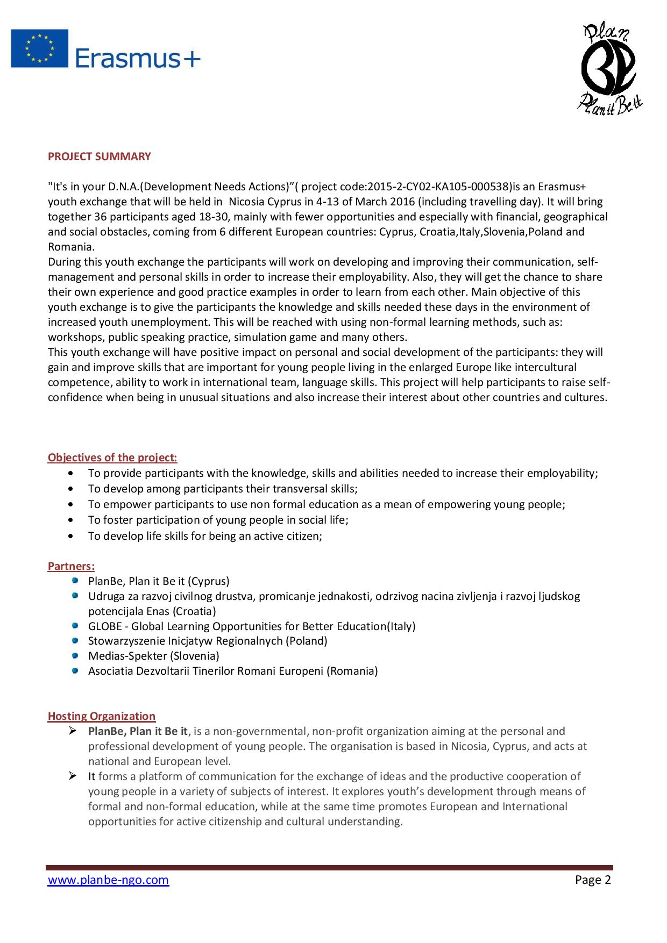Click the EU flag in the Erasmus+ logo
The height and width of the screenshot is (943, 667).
click(39, 48)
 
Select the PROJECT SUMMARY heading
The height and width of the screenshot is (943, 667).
click(100, 156)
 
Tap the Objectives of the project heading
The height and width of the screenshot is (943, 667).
click(112, 458)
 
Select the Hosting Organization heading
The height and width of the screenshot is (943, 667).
click(102, 716)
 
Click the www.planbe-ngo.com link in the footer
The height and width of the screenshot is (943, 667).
click(109, 880)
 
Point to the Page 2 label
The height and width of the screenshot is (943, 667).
click(593, 880)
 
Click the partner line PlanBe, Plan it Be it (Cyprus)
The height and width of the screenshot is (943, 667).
click(159, 581)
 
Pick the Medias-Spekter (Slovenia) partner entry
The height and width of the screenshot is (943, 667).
click(154, 656)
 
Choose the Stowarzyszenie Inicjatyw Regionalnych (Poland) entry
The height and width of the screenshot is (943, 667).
click(208, 641)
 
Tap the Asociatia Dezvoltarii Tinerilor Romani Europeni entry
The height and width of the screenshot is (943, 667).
click(233, 671)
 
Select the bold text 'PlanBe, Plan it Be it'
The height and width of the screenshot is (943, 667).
click(138, 731)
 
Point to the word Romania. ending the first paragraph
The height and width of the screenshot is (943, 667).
click(71, 247)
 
